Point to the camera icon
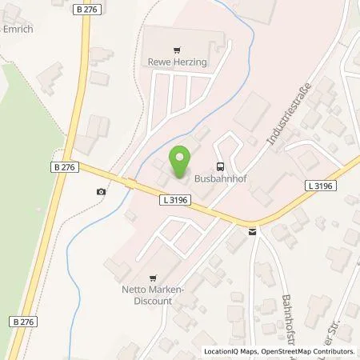point(100,191)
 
